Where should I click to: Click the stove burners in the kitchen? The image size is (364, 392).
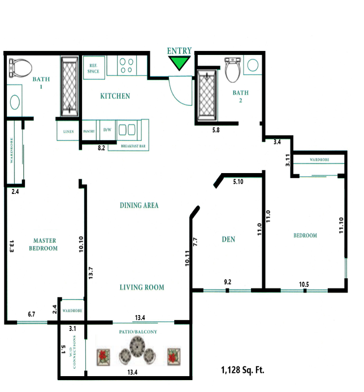(x=127, y=66)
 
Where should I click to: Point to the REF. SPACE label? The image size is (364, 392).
(x=94, y=68)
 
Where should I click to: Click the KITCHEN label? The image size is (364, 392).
(x=115, y=96)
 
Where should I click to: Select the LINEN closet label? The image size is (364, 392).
(x=68, y=131)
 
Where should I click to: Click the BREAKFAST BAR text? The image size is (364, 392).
(x=134, y=147)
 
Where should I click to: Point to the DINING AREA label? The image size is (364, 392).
(x=138, y=205)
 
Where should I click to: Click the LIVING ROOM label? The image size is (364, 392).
(x=142, y=287)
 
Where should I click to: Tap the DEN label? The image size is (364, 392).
(x=228, y=240)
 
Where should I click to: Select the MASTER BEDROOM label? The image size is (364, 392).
(x=44, y=244)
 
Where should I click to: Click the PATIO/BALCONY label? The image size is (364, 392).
(x=138, y=331)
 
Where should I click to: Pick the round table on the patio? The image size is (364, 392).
(x=138, y=347)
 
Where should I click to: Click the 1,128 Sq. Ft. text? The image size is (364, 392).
(x=242, y=371)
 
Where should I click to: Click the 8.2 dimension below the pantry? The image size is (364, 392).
(x=102, y=148)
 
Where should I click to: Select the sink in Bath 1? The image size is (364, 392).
(x=15, y=102)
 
